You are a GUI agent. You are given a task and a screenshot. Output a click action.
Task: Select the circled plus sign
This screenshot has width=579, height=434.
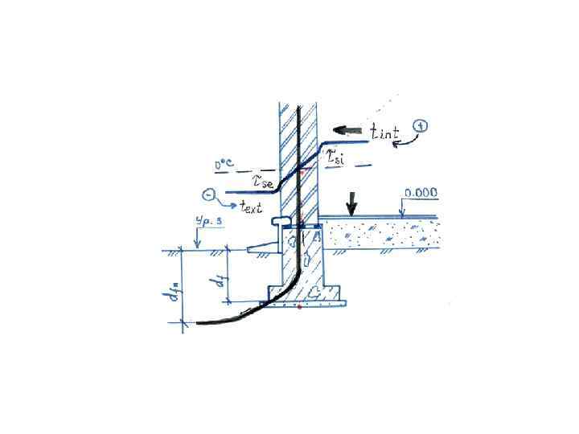422,125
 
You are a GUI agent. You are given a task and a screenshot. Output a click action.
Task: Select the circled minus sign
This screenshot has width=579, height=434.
210,194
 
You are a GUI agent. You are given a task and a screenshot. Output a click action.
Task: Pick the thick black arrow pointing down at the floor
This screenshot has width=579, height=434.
351,204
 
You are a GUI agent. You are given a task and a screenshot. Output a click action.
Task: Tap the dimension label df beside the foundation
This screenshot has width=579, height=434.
216,280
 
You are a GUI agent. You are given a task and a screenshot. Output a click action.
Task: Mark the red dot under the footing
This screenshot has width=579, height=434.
299,306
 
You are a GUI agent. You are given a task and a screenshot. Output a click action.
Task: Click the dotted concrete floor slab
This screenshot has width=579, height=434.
378,234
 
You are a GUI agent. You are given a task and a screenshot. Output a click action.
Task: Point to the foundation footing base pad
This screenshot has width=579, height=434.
310,301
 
